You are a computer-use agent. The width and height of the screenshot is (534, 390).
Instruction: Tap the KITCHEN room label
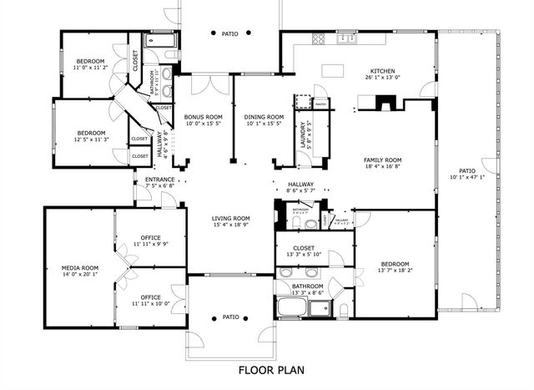coord(383,71)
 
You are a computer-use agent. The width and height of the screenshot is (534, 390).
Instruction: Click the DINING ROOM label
coord(264,116)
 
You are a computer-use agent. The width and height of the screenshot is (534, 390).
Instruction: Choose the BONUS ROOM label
coord(204,116)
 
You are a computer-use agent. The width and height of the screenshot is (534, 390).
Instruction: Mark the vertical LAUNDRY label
coord(304,134)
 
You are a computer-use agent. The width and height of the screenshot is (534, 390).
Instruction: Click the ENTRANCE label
coord(159,180)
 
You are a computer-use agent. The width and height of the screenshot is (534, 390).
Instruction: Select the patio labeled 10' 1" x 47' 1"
coord(467,177)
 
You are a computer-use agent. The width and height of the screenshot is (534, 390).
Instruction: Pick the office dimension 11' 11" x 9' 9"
coord(150,244)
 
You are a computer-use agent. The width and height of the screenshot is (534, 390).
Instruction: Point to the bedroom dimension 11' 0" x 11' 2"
coord(91,69)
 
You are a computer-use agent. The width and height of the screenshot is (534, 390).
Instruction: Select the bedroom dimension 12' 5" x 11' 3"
coord(91,139)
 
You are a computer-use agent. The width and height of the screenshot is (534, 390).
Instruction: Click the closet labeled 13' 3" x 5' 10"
coord(304,255)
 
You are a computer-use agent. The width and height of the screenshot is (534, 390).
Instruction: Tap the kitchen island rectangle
coord(335,68)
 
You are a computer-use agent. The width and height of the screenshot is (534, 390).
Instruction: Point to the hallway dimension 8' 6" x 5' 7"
coord(300,191)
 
